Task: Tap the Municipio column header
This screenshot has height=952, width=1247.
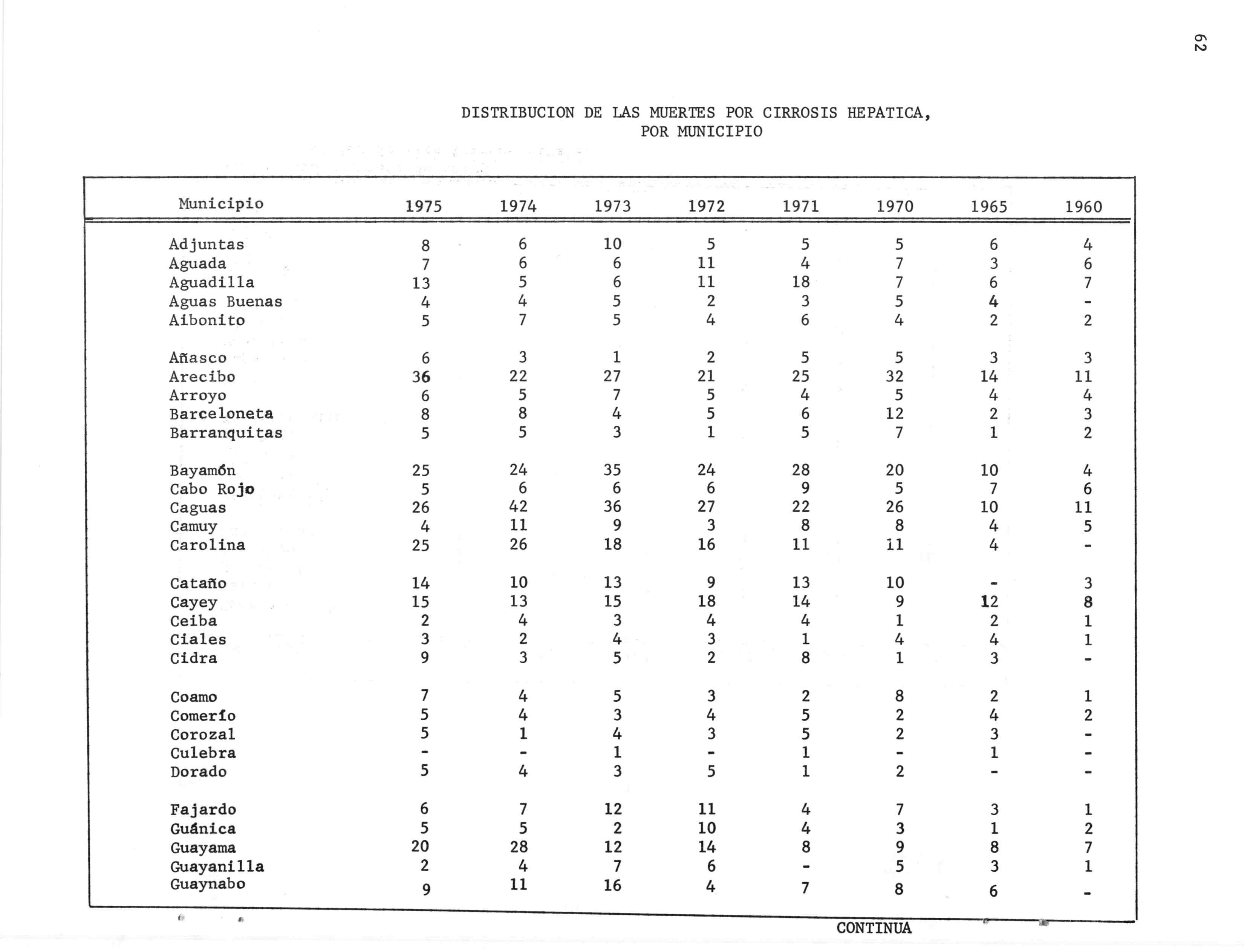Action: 221,204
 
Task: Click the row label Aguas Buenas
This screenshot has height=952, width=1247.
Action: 225,302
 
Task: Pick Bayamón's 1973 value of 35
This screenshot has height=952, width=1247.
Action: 612,470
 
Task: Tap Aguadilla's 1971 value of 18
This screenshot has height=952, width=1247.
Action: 800,282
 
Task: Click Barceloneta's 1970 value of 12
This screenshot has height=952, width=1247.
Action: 894,414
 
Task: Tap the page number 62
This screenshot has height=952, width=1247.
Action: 1200,43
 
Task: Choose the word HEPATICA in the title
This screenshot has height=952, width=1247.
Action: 888,113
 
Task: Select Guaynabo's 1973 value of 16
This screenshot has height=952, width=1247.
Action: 612,885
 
